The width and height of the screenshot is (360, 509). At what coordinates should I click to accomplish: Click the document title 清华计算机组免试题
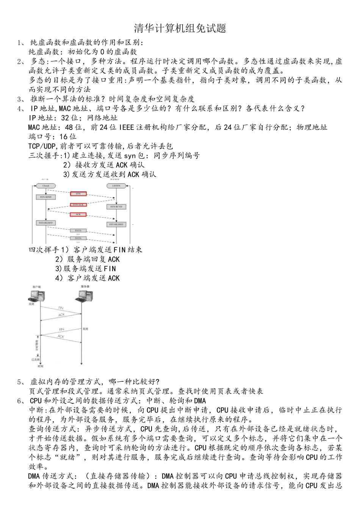[180, 28]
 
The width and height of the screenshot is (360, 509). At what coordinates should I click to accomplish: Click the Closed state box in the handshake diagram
[46, 186]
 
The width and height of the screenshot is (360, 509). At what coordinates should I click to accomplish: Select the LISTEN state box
[116, 186]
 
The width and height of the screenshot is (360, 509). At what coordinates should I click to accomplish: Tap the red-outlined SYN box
[78, 194]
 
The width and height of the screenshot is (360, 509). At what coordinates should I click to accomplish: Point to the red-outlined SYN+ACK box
[78, 205]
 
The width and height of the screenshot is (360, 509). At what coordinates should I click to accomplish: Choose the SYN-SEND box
[46, 197]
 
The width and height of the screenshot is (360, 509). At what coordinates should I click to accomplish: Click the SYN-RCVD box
[116, 207]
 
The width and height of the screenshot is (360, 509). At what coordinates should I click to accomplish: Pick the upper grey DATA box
[78, 230]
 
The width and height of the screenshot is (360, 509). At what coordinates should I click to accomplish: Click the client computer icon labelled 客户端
[37, 295]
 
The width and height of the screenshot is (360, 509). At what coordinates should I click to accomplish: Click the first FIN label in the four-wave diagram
[61, 308]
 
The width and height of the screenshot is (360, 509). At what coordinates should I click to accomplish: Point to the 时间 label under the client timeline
[41, 366]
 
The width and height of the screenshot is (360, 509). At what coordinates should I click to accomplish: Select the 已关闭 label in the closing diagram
[36, 359]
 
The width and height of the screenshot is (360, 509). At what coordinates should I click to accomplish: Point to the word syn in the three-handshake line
[130, 156]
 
